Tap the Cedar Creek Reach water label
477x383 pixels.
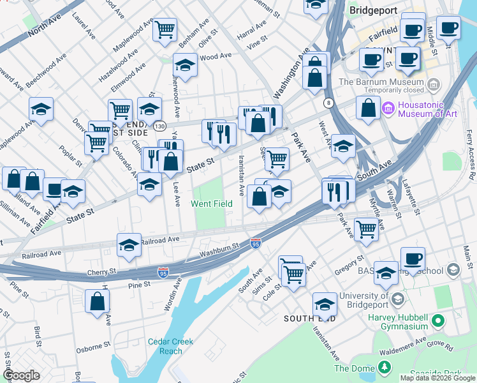[x=170, y=346]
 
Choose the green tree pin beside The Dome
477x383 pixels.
[x=384, y=367]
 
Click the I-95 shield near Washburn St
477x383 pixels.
[x=256, y=243]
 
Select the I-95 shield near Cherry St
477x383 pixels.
[x=163, y=273]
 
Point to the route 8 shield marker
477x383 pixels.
[x=328, y=103]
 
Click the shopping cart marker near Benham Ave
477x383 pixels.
[x=165, y=29]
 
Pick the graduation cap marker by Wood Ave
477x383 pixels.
[x=185, y=65]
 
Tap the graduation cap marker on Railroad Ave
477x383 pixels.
[x=129, y=246]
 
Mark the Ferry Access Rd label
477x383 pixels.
[x=470, y=154]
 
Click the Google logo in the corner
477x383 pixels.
[x=21, y=375]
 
